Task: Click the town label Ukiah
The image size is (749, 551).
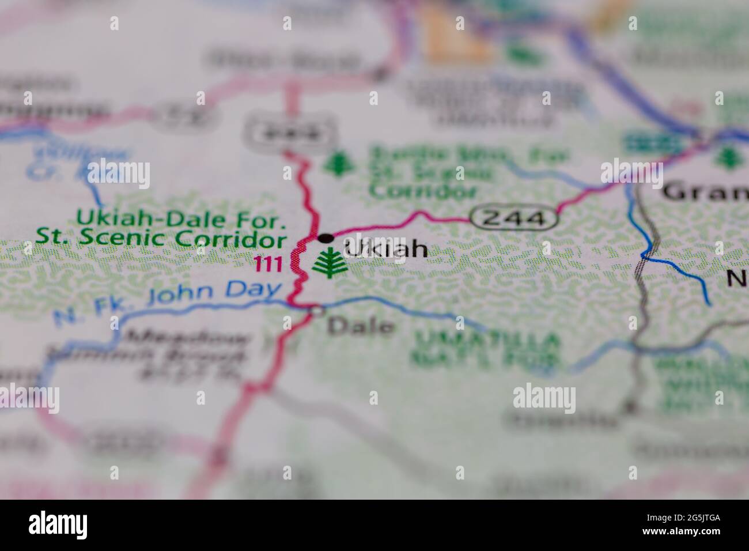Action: point(386,249)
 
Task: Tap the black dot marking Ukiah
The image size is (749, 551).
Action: point(326,237)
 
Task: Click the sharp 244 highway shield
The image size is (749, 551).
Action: point(514,218)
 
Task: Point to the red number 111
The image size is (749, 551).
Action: point(268,265)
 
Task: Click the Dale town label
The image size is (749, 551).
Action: point(361,327)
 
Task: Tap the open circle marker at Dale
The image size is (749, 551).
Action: point(317,311)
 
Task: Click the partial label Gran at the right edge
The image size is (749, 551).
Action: point(706,192)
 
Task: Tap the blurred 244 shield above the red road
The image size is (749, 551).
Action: point(290,134)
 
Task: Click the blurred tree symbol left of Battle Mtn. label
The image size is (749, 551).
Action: point(334,164)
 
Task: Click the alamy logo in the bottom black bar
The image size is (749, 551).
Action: point(58,524)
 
